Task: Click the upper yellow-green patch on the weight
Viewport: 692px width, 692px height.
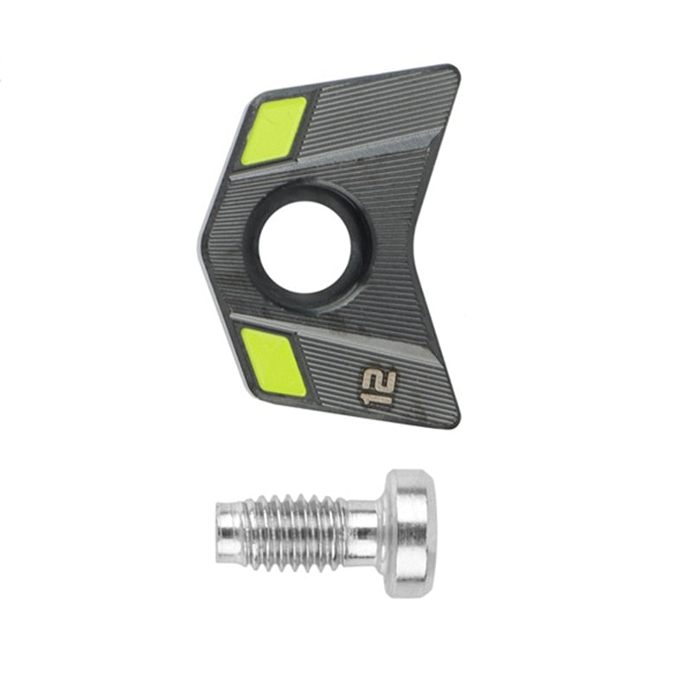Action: (x=273, y=131)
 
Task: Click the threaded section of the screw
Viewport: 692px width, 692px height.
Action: (x=293, y=533)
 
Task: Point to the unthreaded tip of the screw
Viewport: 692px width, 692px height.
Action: (x=230, y=533)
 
